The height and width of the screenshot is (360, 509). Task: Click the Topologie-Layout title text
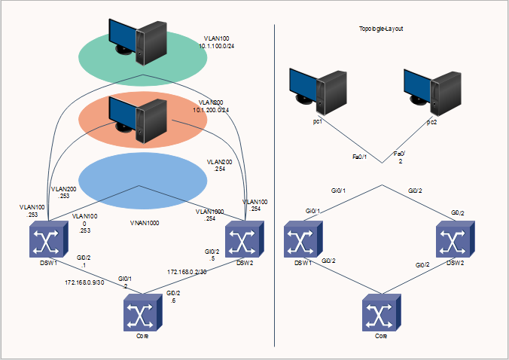382,28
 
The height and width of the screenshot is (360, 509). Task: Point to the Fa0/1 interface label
360,157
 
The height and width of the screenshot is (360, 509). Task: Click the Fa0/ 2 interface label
400,157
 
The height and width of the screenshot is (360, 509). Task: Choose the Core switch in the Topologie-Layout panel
381,313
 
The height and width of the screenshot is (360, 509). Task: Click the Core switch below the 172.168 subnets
142,311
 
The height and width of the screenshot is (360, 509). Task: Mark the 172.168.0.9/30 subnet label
83,283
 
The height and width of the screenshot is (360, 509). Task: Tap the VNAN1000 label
144,224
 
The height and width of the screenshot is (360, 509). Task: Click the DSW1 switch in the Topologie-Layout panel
303,242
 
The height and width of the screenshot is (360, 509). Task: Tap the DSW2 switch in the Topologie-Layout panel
456,242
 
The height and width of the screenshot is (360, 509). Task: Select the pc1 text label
318,121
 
